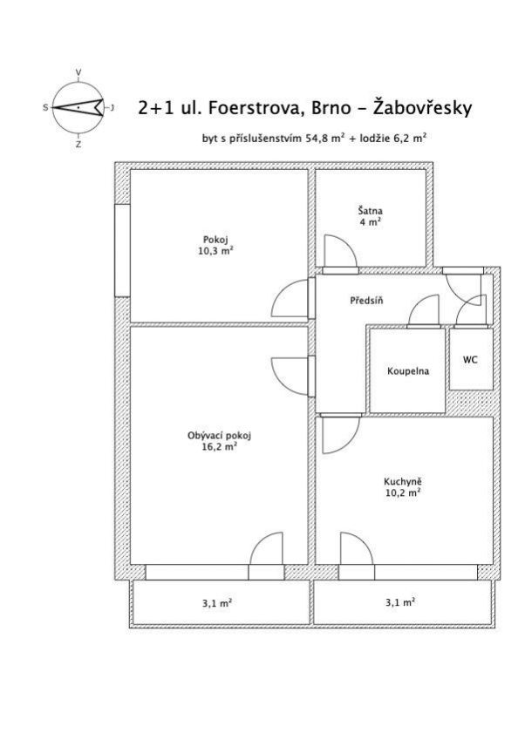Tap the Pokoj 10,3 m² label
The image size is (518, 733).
tap(215, 246)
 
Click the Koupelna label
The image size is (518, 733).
tap(408, 371)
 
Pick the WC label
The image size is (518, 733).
tap(470, 359)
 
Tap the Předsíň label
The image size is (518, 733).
tap(366, 300)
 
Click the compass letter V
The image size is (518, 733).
tap(78, 72)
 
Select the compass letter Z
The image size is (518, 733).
tap(78, 145)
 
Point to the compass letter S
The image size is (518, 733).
tap(45, 108)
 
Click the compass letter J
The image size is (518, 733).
tap(112, 108)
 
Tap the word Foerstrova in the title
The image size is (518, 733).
tap(253, 108)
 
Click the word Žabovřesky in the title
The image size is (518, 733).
tap(423, 107)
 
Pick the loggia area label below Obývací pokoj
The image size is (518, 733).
tap(217, 603)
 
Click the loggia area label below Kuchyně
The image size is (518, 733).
tap(400, 602)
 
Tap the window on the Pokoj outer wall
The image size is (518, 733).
tap(123, 250)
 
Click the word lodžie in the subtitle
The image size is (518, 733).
tap(373, 139)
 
